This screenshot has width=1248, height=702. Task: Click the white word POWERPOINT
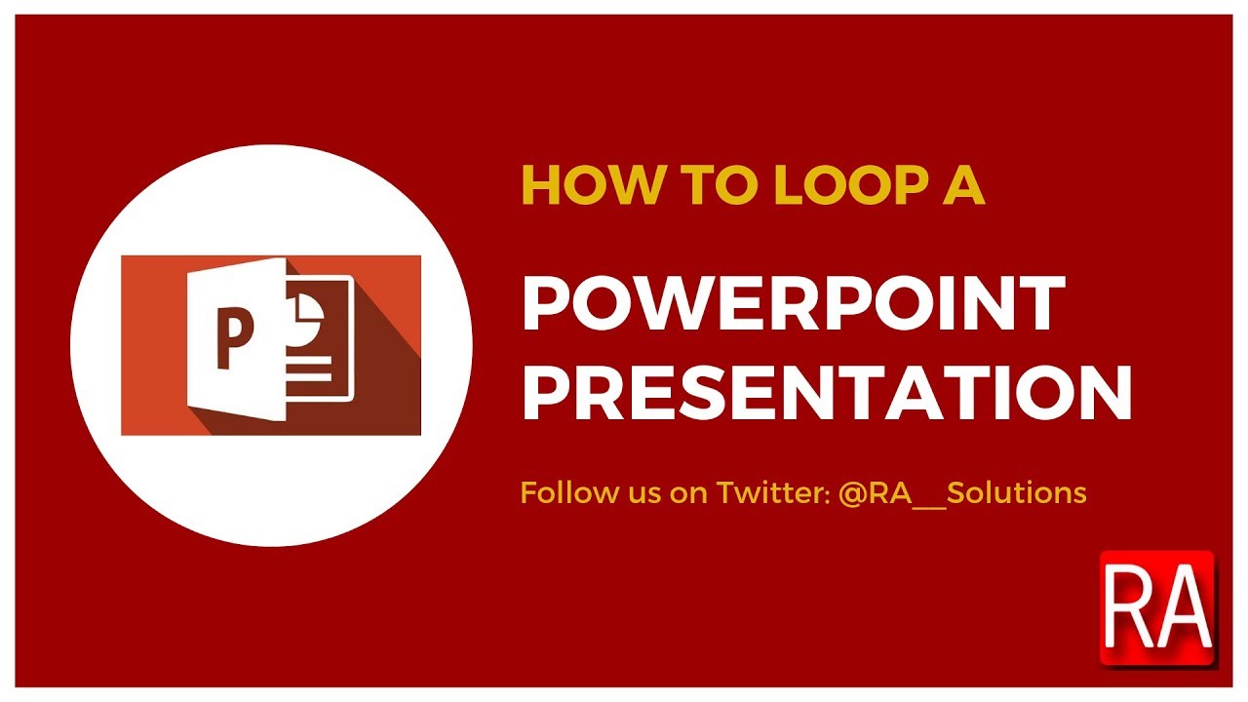(x=793, y=303)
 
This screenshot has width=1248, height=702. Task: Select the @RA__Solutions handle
(x=960, y=492)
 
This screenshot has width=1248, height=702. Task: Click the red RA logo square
(x=1157, y=608)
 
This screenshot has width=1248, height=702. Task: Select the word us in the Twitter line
(x=634, y=492)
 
